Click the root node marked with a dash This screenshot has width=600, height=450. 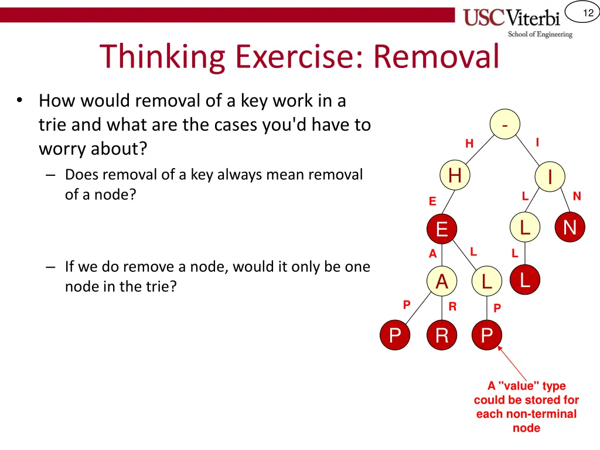coord(505,124)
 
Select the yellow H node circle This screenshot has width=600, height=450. coord(455,175)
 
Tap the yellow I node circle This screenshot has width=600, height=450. coord(550,176)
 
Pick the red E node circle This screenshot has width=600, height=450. coord(442,229)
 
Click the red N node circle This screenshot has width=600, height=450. coord(570,227)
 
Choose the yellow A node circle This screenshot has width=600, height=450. coord(442,282)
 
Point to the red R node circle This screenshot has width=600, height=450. coord(442,336)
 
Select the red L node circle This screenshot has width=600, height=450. coord(524,280)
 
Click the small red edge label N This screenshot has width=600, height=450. coord(577,196)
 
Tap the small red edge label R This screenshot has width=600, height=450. coord(452,306)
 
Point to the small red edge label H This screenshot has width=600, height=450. coord(469,144)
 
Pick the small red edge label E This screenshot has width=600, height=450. coord(432,202)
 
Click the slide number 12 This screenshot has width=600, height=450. coord(588,13)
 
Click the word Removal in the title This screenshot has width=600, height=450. coord(437,57)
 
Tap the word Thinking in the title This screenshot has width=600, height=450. coord(162,57)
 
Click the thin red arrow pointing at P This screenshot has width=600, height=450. coord(513,364)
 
